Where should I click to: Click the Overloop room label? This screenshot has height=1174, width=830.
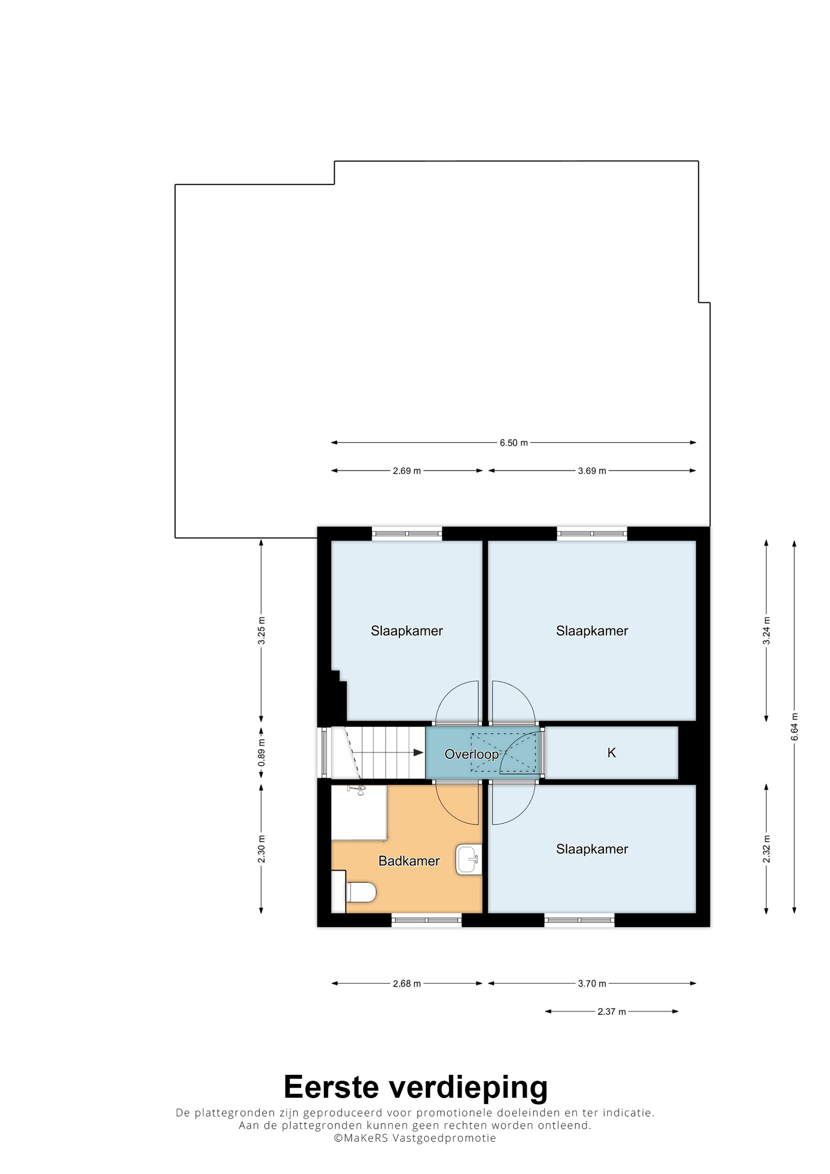coord(471,754)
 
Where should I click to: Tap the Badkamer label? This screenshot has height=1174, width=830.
coord(409,861)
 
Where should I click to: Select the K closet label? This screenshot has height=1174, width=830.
coord(611,753)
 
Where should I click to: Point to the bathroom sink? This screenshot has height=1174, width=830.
coord(469,860)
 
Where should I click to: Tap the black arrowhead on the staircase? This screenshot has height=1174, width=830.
coord(418,752)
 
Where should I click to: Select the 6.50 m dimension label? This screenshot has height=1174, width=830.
coord(513,443)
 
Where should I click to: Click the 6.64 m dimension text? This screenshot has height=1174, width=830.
coord(794,726)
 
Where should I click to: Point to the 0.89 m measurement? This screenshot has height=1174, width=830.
coord(261,753)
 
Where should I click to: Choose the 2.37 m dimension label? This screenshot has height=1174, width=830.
coord(612,1012)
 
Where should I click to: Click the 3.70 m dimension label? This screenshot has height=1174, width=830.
coord(592,984)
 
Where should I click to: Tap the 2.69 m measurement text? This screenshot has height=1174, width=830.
coord(407,471)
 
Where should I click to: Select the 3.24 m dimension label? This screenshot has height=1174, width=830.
coord(766,631)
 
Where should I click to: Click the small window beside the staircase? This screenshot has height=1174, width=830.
coord(324,752)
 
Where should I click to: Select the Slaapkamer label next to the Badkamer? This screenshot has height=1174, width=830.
coord(592,849)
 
